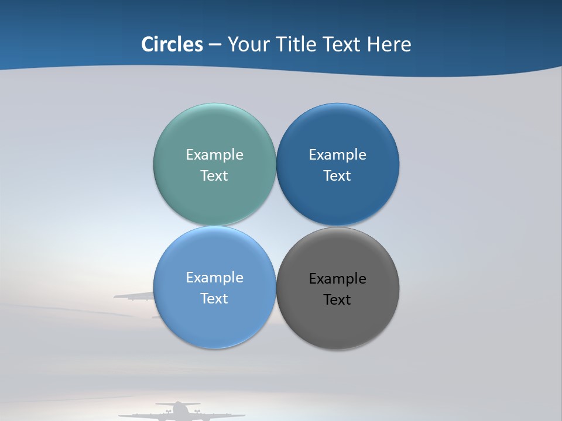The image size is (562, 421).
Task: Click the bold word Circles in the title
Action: pos(172,44)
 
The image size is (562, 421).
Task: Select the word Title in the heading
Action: pos(296,44)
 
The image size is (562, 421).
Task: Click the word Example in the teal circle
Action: pos(214,155)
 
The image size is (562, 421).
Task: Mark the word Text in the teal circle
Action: pos(214,176)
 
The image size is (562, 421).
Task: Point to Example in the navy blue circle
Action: pos(337,155)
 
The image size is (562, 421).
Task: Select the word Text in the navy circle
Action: pos(337,176)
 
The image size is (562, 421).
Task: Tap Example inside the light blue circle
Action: pos(214,278)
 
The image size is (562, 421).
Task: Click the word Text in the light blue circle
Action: pos(214,299)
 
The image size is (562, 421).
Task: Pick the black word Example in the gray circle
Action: pos(337,279)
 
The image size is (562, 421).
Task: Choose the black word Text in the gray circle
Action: pos(337,300)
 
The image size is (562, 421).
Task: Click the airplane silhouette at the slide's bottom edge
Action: pos(179,412)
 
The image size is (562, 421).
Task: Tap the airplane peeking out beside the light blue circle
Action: pos(133,296)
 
